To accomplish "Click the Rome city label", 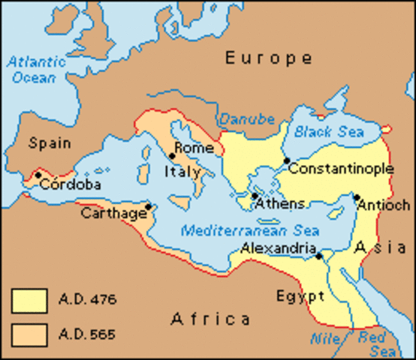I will click(189, 148).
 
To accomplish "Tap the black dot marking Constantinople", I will click(286, 160).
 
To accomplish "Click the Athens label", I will click(279, 203).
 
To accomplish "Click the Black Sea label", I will click(329, 132).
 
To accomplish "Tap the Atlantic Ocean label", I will click(32, 70).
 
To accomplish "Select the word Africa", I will click(210, 319).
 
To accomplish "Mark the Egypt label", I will click(300, 294).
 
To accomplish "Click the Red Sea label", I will click(372, 343).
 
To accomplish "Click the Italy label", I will click(182, 172).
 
